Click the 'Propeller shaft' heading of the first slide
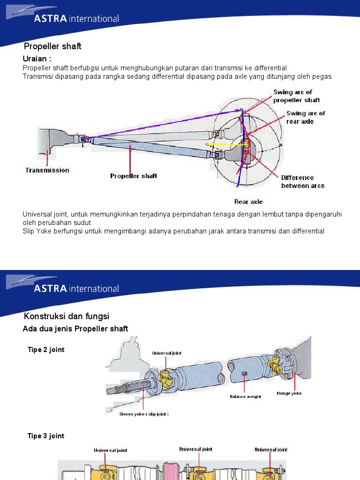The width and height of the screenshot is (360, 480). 52,46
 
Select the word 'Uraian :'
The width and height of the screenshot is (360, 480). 37,59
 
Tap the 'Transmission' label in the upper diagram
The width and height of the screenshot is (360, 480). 47,170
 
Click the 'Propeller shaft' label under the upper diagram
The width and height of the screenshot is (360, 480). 134,176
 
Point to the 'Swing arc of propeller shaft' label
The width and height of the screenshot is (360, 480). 296,96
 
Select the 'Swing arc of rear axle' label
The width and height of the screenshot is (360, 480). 306,117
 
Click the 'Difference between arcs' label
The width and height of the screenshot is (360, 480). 302,182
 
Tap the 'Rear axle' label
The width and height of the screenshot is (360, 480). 248,202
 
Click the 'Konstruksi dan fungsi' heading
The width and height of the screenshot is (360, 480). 67,316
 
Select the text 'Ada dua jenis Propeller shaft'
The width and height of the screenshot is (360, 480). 75,329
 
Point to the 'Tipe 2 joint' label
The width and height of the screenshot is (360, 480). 46,350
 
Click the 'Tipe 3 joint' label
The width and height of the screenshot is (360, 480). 46,436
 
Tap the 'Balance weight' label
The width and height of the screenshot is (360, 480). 245,397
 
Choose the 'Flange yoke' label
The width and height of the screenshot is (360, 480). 289,393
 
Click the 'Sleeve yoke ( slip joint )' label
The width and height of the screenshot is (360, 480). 144,414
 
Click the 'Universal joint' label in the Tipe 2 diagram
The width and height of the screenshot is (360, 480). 166,353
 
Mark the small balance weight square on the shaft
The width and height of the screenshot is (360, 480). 244,373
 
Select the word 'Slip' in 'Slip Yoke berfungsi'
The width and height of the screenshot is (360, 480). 29,232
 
